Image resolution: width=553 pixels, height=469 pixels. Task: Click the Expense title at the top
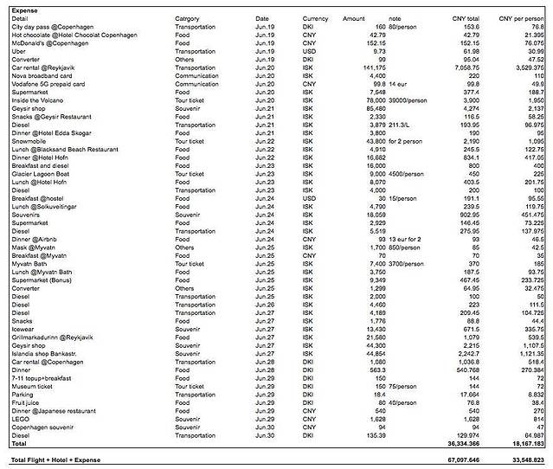click(x=25, y=7)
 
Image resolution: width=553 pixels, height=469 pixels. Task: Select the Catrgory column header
click(x=191, y=17)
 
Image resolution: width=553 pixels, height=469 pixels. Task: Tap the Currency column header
click(x=315, y=17)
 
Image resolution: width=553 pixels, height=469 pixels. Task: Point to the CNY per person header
click(x=522, y=17)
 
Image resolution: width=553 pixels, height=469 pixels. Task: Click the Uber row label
click(x=19, y=50)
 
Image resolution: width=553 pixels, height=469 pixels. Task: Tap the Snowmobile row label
click(x=29, y=139)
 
